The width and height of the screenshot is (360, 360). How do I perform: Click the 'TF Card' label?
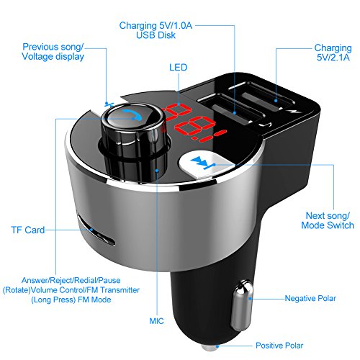pyautogui.click(x=27, y=230)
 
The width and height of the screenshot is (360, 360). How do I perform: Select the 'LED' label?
pyautogui.click(x=179, y=67)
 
